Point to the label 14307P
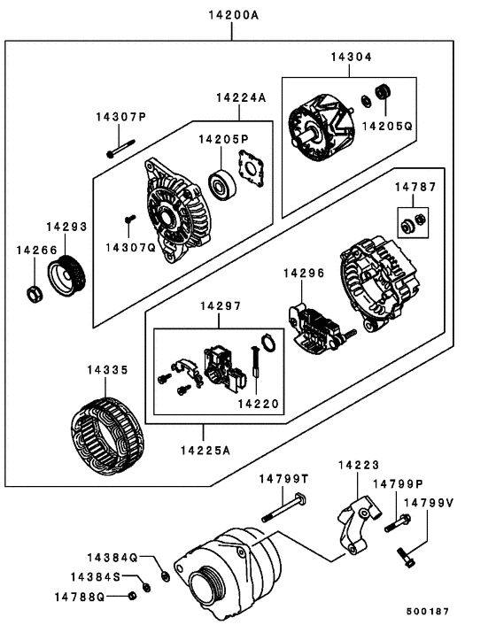click(x=121, y=117)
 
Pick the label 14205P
click(x=222, y=139)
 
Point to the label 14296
click(x=305, y=274)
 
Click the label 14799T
click(x=283, y=479)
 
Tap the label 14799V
click(x=428, y=502)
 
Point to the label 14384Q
click(x=112, y=558)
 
